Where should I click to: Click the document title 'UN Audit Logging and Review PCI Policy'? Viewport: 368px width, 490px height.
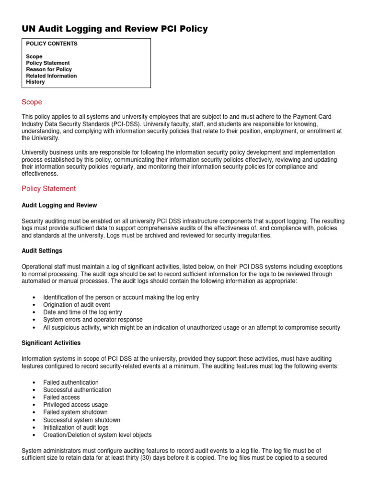(115, 29)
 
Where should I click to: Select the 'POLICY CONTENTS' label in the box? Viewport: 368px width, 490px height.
(52, 44)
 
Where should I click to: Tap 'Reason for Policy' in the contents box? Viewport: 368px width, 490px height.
(49, 69)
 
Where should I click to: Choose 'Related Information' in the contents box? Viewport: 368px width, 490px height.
(51, 76)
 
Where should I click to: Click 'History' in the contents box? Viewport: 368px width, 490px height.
(35, 82)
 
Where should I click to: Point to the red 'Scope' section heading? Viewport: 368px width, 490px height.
(32, 102)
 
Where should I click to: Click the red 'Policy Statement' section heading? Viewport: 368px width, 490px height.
(49, 189)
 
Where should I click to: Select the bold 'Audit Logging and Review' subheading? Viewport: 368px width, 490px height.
(59, 205)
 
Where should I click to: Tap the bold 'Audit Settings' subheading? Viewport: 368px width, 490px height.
(42, 251)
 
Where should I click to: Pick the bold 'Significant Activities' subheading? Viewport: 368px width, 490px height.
(51, 343)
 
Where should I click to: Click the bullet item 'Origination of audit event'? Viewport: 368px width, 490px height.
(77, 305)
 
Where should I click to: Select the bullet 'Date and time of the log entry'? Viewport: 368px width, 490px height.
(82, 312)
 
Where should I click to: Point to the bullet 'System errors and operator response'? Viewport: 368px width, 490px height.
(92, 320)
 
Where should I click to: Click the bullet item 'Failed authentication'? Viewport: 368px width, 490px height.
(71, 382)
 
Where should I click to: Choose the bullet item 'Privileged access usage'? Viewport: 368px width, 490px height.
(75, 405)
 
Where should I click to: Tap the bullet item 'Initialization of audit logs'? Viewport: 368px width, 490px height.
(76, 427)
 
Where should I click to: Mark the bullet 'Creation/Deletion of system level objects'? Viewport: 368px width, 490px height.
(97, 435)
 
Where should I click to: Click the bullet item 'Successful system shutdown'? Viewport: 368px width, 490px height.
(81, 420)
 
